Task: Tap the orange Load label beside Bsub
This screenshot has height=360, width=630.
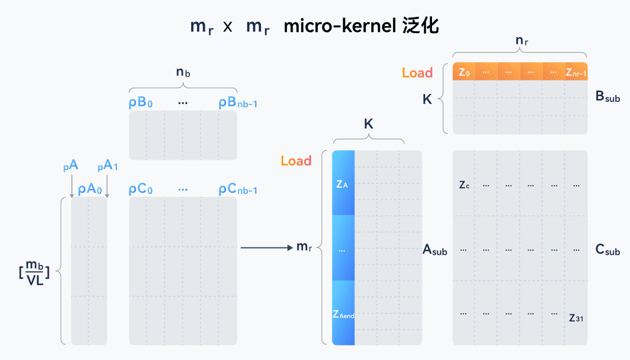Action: (417, 73)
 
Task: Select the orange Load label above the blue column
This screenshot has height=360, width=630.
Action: (296, 161)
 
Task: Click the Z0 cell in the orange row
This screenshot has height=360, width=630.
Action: (464, 72)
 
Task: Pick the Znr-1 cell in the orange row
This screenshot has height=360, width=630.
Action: (576, 72)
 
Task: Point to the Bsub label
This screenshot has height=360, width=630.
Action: (607, 97)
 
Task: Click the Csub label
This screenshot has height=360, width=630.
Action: (607, 250)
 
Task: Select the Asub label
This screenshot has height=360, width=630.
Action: (435, 250)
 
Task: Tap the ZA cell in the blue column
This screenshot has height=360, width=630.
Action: (343, 184)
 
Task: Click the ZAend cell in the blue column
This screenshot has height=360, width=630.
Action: (343, 314)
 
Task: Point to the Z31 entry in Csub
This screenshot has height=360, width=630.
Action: (575, 318)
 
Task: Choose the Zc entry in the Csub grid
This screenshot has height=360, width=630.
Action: (464, 184)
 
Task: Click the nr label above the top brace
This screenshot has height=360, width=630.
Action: (521, 42)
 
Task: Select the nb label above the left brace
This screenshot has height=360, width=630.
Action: (183, 72)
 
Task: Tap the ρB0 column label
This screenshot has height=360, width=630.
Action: (141, 103)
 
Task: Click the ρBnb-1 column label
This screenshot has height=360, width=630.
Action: (238, 103)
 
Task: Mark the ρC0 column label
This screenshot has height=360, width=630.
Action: (141, 190)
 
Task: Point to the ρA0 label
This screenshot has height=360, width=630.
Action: (90, 190)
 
